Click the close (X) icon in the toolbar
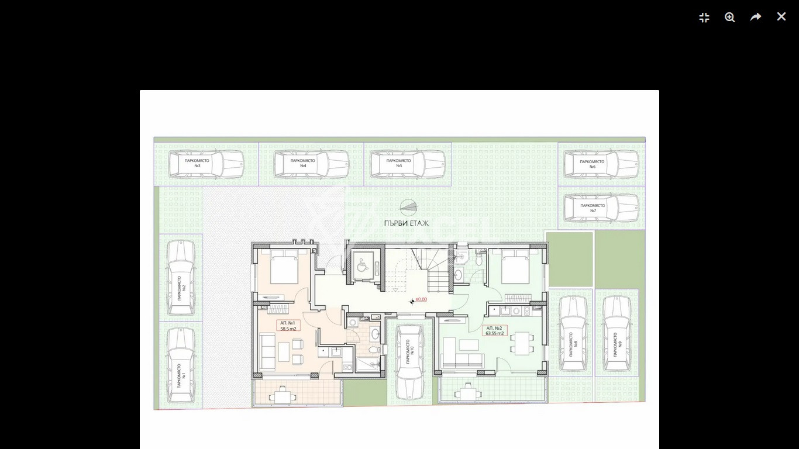(x=781, y=17)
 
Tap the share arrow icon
(x=755, y=17)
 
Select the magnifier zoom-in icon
(x=729, y=17)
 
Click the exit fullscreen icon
(x=704, y=18)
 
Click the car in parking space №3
(x=206, y=164)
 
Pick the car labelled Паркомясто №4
(x=311, y=164)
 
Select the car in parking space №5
(x=407, y=164)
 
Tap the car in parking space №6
(x=601, y=164)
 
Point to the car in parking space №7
(x=601, y=208)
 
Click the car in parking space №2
(x=181, y=278)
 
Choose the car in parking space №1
(x=181, y=365)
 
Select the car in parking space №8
(x=573, y=334)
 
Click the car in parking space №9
(x=616, y=334)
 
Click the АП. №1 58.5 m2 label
(x=288, y=326)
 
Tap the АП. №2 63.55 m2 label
(x=494, y=330)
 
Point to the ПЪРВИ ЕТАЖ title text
(x=407, y=223)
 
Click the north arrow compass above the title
(x=408, y=207)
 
